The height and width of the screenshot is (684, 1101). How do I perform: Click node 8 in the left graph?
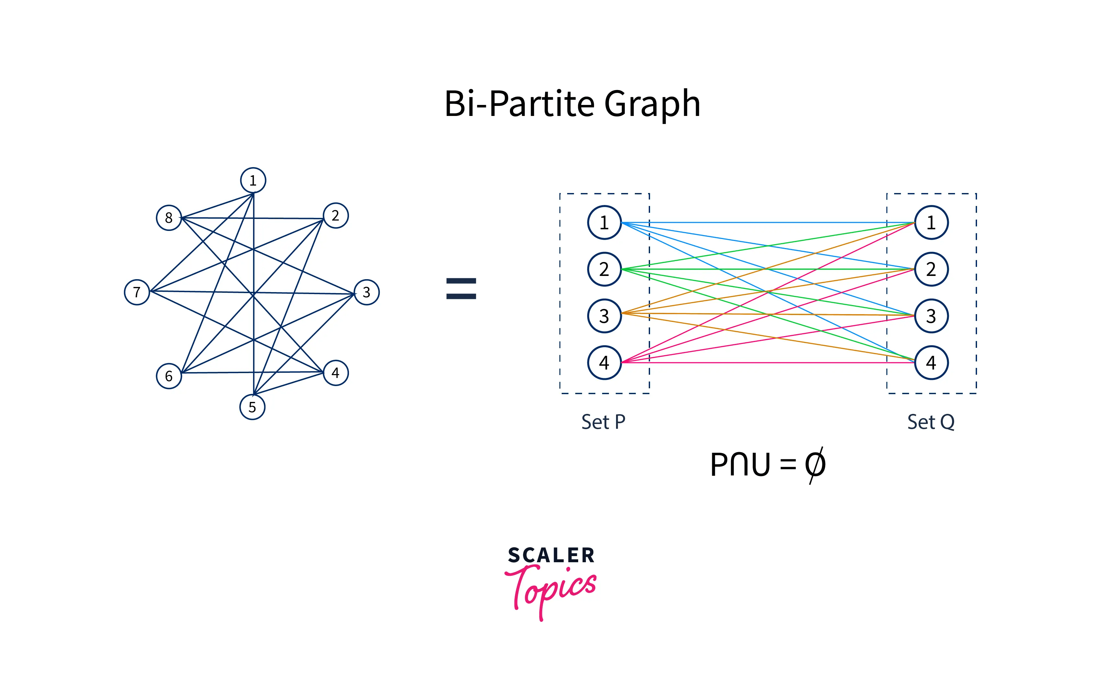pyautogui.click(x=169, y=218)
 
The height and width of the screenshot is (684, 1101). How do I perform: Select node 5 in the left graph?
pyautogui.click(x=252, y=407)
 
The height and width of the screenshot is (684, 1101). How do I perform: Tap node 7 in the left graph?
pyautogui.click(x=137, y=292)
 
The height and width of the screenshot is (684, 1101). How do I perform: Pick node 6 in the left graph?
pyautogui.click(x=169, y=376)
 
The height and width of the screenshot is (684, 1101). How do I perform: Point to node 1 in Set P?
pyautogui.click(x=604, y=222)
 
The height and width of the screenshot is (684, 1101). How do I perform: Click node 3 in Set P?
pyautogui.click(x=604, y=316)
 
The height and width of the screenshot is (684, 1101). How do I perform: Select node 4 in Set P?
pyautogui.click(x=604, y=362)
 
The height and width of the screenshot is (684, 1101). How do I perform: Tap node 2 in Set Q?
pyautogui.click(x=931, y=269)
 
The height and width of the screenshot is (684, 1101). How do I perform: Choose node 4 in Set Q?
pyautogui.click(x=931, y=362)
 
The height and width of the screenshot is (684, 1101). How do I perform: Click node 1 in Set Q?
pyautogui.click(x=931, y=222)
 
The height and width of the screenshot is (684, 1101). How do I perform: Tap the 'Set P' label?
pyautogui.click(x=603, y=422)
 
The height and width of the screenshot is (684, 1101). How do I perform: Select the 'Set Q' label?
pyautogui.click(x=930, y=422)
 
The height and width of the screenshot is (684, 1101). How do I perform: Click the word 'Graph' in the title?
pyautogui.click(x=652, y=104)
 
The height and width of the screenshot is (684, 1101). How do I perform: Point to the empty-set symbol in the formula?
pyautogui.click(x=815, y=465)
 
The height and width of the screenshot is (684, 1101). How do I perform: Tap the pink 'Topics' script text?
pyautogui.click(x=552, y=588)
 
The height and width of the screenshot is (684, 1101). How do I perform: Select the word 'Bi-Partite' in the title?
pyautogui.click(x=520, y=104)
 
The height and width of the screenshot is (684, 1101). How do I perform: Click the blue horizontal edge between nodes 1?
pyautogui.click(x=769, y=222)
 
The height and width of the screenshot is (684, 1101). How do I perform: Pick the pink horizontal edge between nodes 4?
pyautogui.click(x=769, y=362)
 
